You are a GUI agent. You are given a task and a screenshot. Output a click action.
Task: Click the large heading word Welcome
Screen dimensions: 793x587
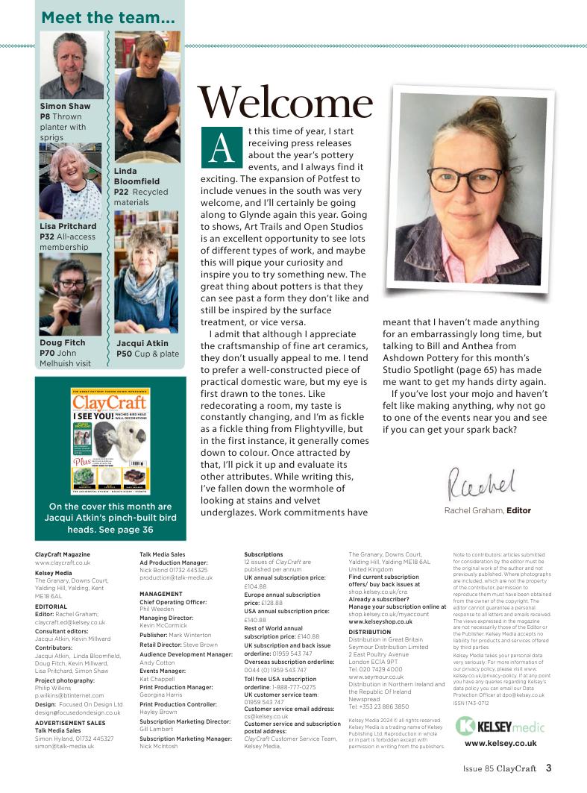pyautogui.click(x=284, y=103)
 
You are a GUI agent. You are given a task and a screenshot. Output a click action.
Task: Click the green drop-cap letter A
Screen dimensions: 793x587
pyautogui.click(x=219, y=146)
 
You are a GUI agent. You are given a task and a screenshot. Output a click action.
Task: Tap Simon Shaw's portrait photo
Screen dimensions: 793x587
pyautogui.click(x=72, y=66)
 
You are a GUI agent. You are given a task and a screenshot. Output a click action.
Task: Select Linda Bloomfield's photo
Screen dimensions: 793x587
pyautogui.click(x=147, y=97)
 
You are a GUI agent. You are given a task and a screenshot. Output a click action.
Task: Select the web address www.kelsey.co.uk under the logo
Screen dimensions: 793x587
pyautogui.click(x=500, y=743)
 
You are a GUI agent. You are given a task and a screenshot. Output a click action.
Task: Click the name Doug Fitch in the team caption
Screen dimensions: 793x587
pyautogui.click(x=62, y=343)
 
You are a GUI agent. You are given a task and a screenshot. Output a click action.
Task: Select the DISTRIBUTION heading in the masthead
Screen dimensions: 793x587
pyautogui.click(x=369, y=632)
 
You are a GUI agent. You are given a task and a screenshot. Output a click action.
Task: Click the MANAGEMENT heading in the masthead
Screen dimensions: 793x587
pyautogui.click(x=160, y=594)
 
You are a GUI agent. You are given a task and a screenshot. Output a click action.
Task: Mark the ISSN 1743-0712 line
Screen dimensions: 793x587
pyautogui.click(x=474, y=702)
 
